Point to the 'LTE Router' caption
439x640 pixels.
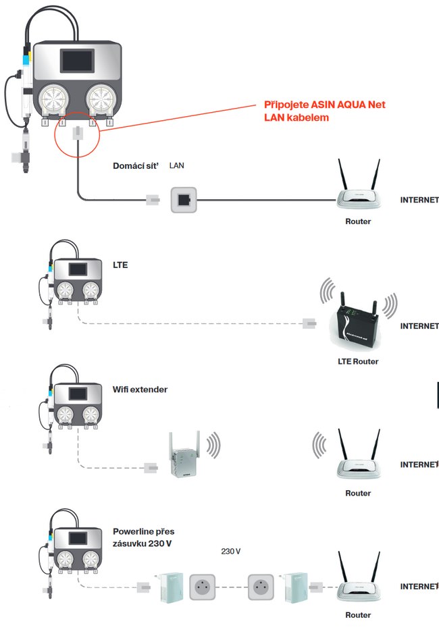(358, 361)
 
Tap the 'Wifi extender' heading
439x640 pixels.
(140, 390)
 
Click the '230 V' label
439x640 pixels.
(230, 552)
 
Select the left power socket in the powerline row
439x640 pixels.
(203, 587)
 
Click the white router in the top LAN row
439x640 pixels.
(358, 192)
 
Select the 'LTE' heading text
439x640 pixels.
(120, 265)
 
